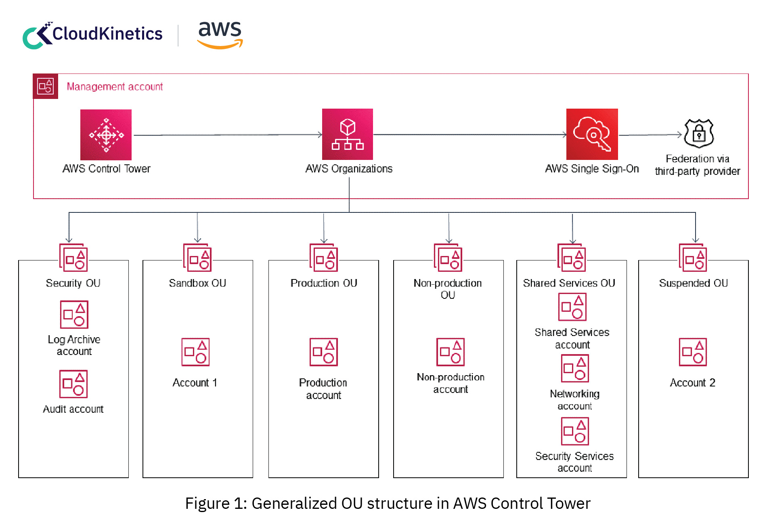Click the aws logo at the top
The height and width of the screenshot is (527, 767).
[x=220, y=35]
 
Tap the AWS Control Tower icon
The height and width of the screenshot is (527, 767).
[x=106, y=135]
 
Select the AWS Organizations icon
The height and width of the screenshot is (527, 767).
[x=348, y=134]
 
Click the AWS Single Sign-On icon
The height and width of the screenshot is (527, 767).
[x=592, y=134]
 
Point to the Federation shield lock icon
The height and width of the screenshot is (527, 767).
[x=699, y=133]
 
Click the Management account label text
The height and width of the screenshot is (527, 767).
[x=115, y=87]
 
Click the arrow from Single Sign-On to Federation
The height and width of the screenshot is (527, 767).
[x=650, y=135]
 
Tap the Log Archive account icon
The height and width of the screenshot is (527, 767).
[x=74, y=315]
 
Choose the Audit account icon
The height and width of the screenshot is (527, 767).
[x=73, y=384]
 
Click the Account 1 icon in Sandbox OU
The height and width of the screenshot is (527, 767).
[x=195, y=352]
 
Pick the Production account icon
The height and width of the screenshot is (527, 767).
[x=323, y=352]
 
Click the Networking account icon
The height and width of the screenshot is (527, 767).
[x=575, y=368]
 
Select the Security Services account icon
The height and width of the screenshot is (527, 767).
[x=575, y=431]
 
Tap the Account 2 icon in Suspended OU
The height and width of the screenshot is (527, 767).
[x=693, y=352]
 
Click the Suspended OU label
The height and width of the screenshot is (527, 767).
[x=693, y=283]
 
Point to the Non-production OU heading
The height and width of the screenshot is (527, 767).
[x=448, y=289]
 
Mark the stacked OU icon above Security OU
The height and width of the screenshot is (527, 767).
[x=73, y=258]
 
